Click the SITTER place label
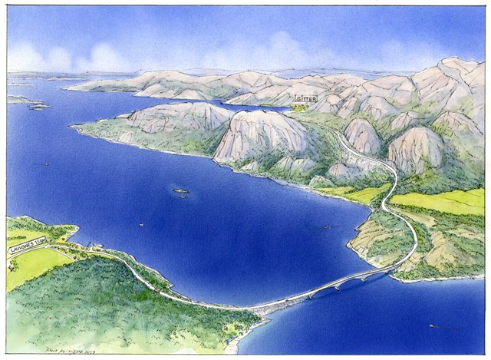(x=305, y=100)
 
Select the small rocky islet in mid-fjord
(x=180, y=191)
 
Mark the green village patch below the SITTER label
(x=304, y=109)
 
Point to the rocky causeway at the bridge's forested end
(x=265, y=309)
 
